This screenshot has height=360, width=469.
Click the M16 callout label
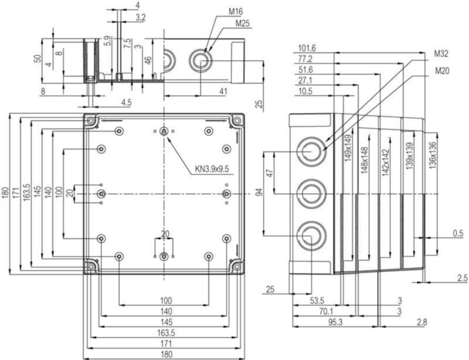pyautogui.click(x=236, y=12)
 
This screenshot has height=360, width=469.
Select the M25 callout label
pyautogui.click(x=242, y=23)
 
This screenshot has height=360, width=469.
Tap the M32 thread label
pyautogui.click(x=441, y=54)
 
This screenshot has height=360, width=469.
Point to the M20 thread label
pyautogui.click(x=442, y=71)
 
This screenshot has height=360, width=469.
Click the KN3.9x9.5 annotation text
pyautogui.click(x=212, y=169)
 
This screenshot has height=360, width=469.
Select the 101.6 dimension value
pyautogui.click(x=307, y=48)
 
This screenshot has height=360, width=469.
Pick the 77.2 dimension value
pyautogui.click(x=305, y=59)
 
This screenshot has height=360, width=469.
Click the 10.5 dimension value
pyautogui.click(x=305, y=91)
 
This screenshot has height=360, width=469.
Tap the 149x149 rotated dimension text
pyautogui.click(x=348, y=148)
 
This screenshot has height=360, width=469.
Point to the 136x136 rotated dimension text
pyautogui.click(x=433, y=155)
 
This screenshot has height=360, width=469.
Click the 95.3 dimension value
pyautogui.click(x=335, y=322)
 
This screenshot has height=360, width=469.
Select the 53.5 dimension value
pyautogui.click(x=317, y=301)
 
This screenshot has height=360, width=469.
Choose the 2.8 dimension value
pyautogui.click(x=422, y=322)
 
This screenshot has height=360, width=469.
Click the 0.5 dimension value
pyautogui.click(x=458, y=233)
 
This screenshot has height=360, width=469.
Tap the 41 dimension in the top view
pyautogui.click(x=223, y=91)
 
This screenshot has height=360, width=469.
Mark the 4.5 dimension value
pyautogui.click(x=126, y=102)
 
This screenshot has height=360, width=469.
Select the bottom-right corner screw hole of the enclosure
pyautogui.click(x=237, y=267)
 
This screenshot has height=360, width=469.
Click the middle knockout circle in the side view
pyautogui.click(x=311, y=193)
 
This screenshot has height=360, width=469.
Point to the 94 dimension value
pyautogui.click(x=260, y=192)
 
